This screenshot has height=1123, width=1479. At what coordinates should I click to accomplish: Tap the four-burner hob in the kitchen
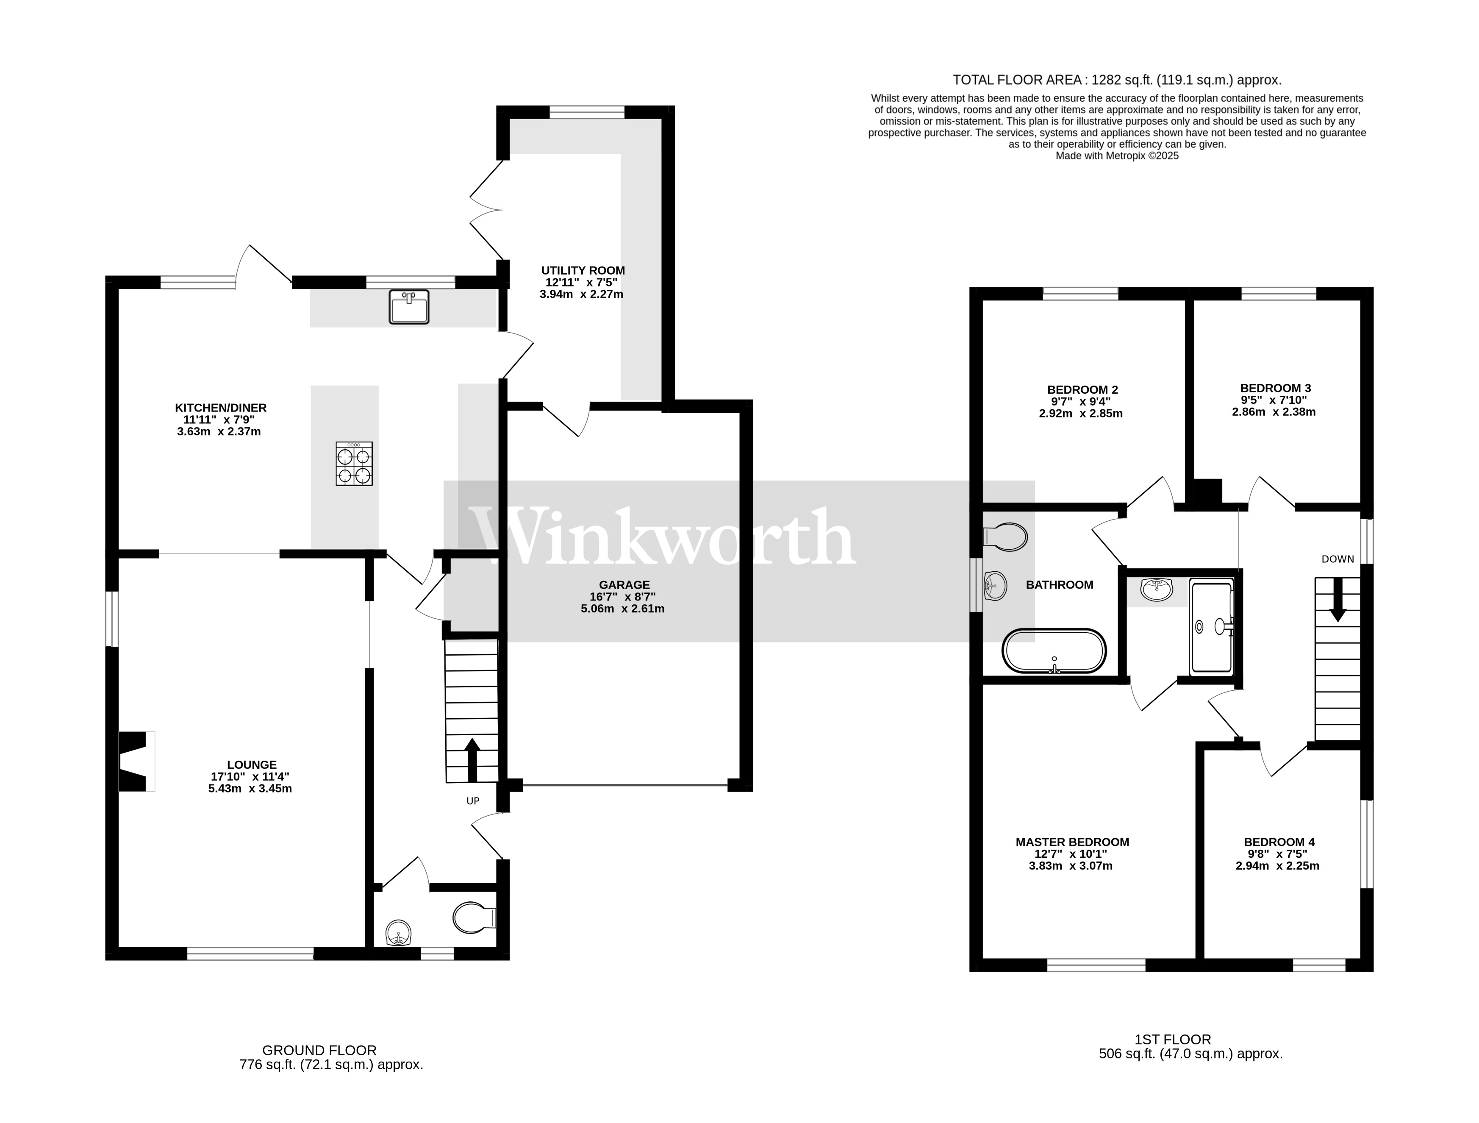pyautogui.click(x=354, y=464)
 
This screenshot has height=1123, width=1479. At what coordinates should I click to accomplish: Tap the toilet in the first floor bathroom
pyautogui.click(x=1006, y=536)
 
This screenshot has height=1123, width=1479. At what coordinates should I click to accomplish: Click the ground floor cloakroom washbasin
pyautogui.click(x=399, y=932)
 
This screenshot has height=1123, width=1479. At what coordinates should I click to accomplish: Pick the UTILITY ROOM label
pyautogui.click(x=583, y=270)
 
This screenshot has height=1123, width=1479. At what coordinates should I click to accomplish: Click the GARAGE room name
pyautogui.click(x=624, y=584)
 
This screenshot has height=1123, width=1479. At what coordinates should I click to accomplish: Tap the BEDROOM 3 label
pyautogui.click(x=1275, y=388)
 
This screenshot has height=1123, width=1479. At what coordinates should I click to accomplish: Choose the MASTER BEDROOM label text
pyautogui.click(x=1072, y=842)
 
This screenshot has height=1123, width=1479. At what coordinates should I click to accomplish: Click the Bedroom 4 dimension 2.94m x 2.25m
pyautogui.click(x=1277, y=865)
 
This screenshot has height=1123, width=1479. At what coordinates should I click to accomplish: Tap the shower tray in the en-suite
pyautogui.click(x=1212, y=627)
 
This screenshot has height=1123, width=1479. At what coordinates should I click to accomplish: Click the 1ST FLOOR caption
pyautogui.click(x=1172, y=1040)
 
